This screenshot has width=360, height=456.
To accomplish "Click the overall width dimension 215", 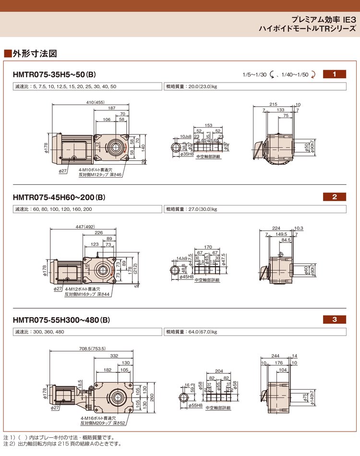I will tap(273, 104).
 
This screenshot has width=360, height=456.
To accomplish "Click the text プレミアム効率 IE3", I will tap(324, 21).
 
